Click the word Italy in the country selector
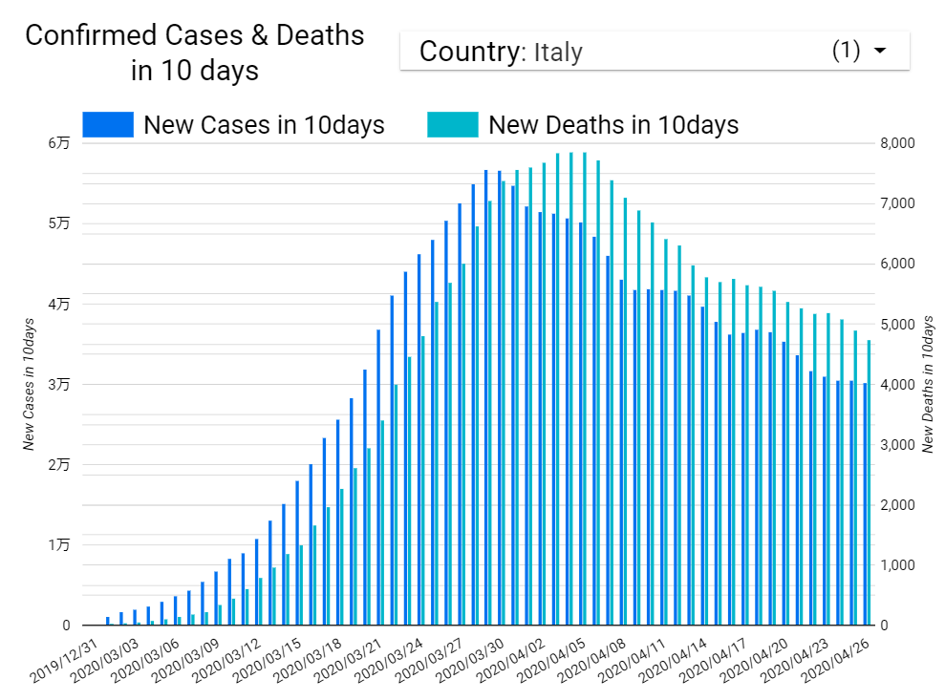click(x=558, y=52)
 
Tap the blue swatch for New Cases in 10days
click(x=107, y=125)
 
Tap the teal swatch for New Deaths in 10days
click(x=452, y=125)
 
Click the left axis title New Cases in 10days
click(x=30, y=384)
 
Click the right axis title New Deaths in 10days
click(x=928, y=384)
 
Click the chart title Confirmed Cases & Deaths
click(x=195, y=36)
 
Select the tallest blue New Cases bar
click(x=486, y=397)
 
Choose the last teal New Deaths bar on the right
click(x=869, y=482)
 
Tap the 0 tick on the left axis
click(x=66, y=626)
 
